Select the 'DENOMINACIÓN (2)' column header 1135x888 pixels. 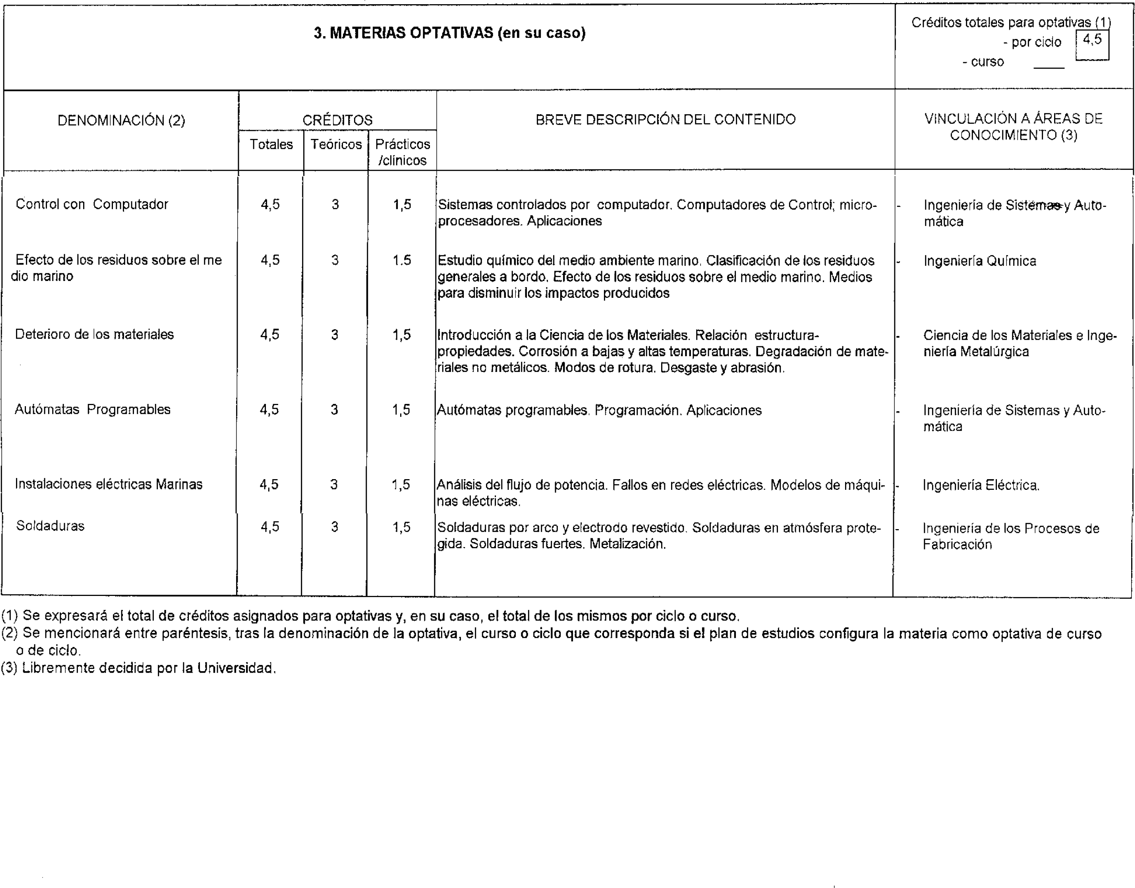click(x=121, y=121)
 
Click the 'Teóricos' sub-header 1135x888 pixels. click(x=336, y=145)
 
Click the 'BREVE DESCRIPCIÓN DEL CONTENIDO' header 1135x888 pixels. click(x=665, y=119)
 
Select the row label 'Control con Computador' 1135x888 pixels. click(x=92, y=204)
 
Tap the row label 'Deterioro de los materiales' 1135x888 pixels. click(x=94, y=334)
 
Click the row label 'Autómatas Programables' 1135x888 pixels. click(x=92, y=410)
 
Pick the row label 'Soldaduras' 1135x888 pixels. click(x=50, y=526)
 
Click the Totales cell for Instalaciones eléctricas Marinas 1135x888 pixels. click(x=269, y=484)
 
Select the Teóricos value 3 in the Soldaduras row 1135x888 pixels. click(x=334, y=527)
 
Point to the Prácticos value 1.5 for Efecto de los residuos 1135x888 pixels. click(x=402, y=260)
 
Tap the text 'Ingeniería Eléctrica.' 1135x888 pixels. click(x=980, y=486)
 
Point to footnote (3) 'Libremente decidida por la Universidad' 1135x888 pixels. click(x=138, y=668)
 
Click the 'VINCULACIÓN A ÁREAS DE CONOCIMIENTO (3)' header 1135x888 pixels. click(x=1013, y=127)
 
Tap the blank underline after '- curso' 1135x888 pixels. click(x=1048, y=66)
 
